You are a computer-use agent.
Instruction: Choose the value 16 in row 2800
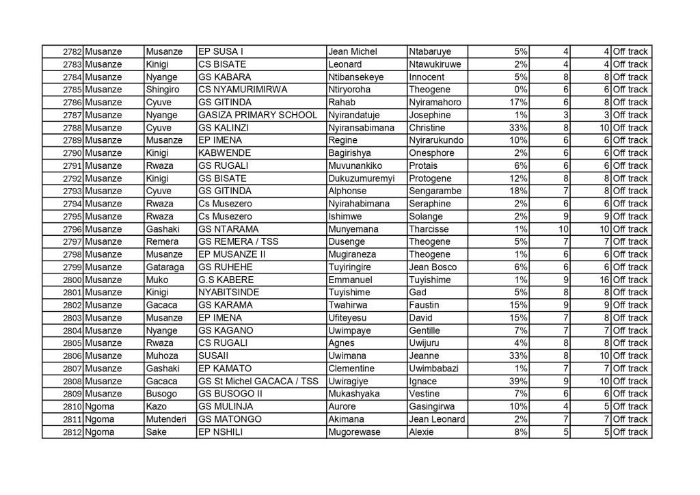click(603, 280)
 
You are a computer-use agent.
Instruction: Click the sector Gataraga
click(165, 267)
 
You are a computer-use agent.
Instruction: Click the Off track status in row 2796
click(630, 229)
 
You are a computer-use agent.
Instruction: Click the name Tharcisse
click(431, 229)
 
